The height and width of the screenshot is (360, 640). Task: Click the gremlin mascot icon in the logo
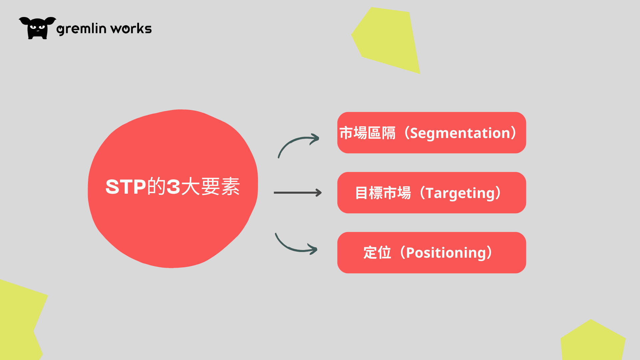click(37, 28)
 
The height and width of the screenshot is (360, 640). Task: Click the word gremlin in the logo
click(81, 29)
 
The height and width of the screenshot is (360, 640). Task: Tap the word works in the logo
click(131, 29)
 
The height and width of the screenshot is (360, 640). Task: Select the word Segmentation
click(460, 133)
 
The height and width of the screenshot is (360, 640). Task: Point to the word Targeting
click(460, 193)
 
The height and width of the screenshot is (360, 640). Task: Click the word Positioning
click(446, 253)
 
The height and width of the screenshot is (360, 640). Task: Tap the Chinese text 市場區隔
click(367, 133)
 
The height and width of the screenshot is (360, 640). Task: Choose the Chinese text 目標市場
click(383, 193)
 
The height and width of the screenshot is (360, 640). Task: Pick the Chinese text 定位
click(377, 253)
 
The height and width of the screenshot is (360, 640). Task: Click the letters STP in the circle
click(126, 187)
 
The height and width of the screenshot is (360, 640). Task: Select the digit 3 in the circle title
click(173, 187)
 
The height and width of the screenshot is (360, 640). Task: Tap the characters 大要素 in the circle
click(211, 186)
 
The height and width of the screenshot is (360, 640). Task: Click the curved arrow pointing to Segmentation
click(293, 140)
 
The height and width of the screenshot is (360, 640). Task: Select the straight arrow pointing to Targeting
click(298, 193)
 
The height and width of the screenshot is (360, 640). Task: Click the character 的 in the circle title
click(156, 186)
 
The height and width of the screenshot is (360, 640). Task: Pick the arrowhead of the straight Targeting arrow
click(318, 193)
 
